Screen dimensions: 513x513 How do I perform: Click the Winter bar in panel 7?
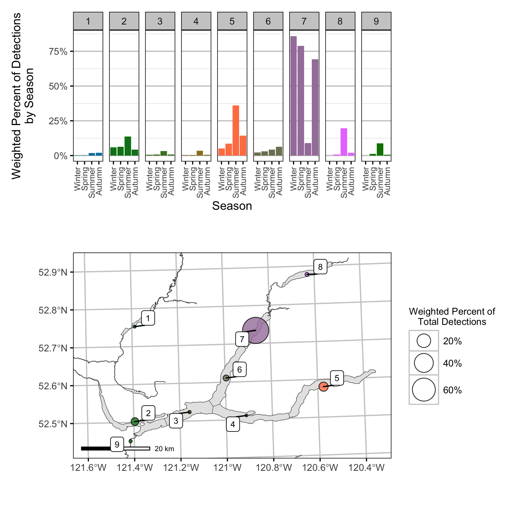tap(293, 96)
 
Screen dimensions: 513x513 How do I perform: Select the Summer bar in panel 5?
tap(236, 131)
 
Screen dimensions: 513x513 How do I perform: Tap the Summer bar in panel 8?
tap(344, 142)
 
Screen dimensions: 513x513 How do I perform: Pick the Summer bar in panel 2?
tap(128, 146)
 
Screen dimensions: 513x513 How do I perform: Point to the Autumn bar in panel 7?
tap(315, 107)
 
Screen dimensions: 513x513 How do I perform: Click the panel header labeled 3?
tap(160, 21)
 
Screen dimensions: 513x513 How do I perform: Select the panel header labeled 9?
tap(376, 21)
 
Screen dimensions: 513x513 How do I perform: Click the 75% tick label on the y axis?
tap(58, 52)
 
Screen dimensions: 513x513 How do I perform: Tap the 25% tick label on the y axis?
tap(58, 121)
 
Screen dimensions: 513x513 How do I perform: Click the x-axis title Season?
tap(232, 206)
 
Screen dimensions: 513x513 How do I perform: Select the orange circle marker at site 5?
tap(323, 387)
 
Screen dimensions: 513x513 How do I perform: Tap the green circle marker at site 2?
tap(135, 422)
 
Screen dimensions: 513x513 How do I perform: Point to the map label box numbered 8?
tap(320, 267)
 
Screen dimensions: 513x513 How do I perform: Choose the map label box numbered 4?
tap(233, 424)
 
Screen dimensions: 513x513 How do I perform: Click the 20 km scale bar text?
tap(164, 449)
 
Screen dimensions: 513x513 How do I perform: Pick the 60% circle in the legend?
tap(424, 390)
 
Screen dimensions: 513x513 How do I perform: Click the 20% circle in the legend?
tap(424, 341)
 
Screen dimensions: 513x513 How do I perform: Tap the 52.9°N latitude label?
tap(53, 272)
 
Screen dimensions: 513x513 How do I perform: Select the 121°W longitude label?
tap(227, 468)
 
